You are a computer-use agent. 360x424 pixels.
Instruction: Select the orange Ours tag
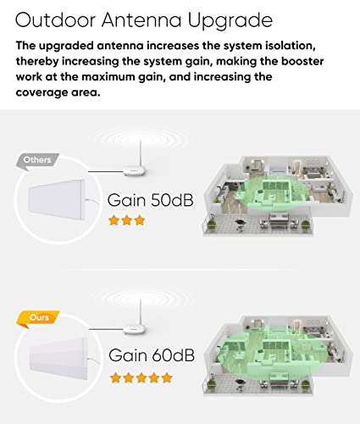tap(31, 320)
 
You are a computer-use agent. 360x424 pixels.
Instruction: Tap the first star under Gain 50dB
tap(114, 220)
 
